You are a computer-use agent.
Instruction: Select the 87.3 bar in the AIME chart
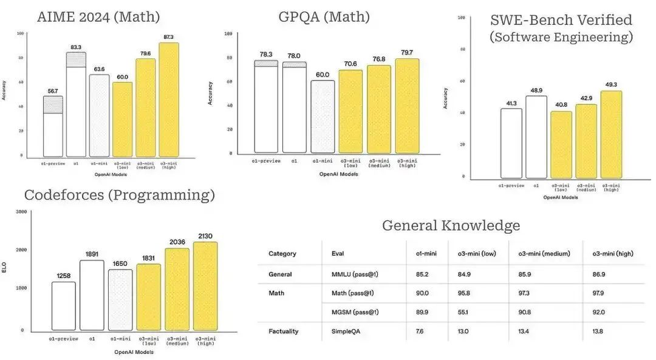coord(169,100)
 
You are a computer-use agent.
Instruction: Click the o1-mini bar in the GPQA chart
coord(323,117)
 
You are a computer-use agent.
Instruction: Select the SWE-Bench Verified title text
coord(561,20)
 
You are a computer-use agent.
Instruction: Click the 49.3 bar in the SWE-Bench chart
coord(611,135)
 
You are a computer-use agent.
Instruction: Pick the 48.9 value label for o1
coord(536,89)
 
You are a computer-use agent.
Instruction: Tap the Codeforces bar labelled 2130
coord(205,286)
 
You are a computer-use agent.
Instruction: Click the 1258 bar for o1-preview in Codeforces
coord(63,306)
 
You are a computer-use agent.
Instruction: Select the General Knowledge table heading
coord(451,226)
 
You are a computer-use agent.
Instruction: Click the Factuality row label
coord(284,331)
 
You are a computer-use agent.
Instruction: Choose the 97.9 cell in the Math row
coord(599,293)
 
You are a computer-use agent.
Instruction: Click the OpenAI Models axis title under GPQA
coord(338,174)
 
